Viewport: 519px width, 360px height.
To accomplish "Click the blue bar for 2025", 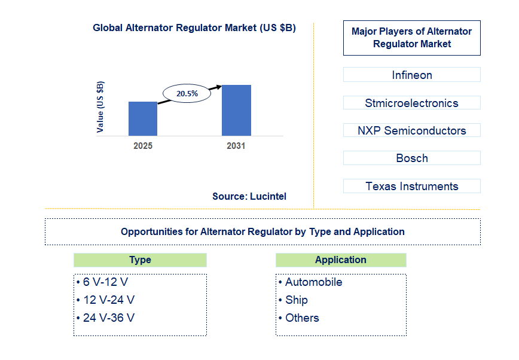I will pyautogui.click(x=143, y=118).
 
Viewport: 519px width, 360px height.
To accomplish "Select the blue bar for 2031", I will pyautogui.click(x=236, y=110).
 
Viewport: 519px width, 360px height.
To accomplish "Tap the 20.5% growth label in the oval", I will pyautogui.click(x=187, y=94).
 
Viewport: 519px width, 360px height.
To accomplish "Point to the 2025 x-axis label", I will pyautogui.click(x=143, y=146).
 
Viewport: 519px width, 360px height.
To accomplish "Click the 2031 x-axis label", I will pyautogui.click(x=236, y=146).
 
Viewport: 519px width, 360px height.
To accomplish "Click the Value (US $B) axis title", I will pyautogui.click(x=100, y=106).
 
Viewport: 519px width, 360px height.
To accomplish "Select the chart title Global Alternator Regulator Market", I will pyautogui.click(x=194, y=28).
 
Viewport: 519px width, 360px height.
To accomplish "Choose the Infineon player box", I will pyautogui.click(x=411, y=75).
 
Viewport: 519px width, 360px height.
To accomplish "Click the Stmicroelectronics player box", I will pyautogui.click(x=411, y=103).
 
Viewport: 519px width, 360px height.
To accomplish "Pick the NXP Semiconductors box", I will pyautogui.click(x=411, y=130).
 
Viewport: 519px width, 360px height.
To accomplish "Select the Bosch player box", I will pyautogui.click(x=411, y=158).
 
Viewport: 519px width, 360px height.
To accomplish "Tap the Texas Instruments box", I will pyautogui.click(x=411, y=186).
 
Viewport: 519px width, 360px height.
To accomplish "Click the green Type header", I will pyautogui.click(x=140, y=260).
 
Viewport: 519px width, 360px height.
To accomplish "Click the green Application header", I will pyautogui.click(x=341, y=260).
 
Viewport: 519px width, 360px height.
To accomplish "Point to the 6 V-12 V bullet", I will pyautogui.click(x=103, y=282).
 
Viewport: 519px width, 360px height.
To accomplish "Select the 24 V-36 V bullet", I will pyautogui.click(x=106, y=318).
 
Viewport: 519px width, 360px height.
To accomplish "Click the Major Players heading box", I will pyautogui.click(x=411, y=38).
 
